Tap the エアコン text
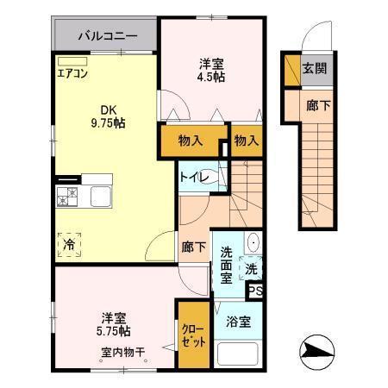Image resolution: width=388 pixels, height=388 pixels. tap(72, 73)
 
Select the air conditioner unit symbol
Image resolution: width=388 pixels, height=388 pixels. tap(73, 61)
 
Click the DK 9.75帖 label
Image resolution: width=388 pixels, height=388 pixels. tap(106, 116)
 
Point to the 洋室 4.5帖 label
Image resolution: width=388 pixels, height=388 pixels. tap(210, 69)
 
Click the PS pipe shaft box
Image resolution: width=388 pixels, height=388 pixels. tap(255, 291)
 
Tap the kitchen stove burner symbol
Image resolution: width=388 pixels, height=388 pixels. tap(66, 196)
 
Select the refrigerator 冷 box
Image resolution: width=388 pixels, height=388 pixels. tap(68, 245)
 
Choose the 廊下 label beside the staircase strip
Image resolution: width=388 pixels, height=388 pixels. tap(317, 105)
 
